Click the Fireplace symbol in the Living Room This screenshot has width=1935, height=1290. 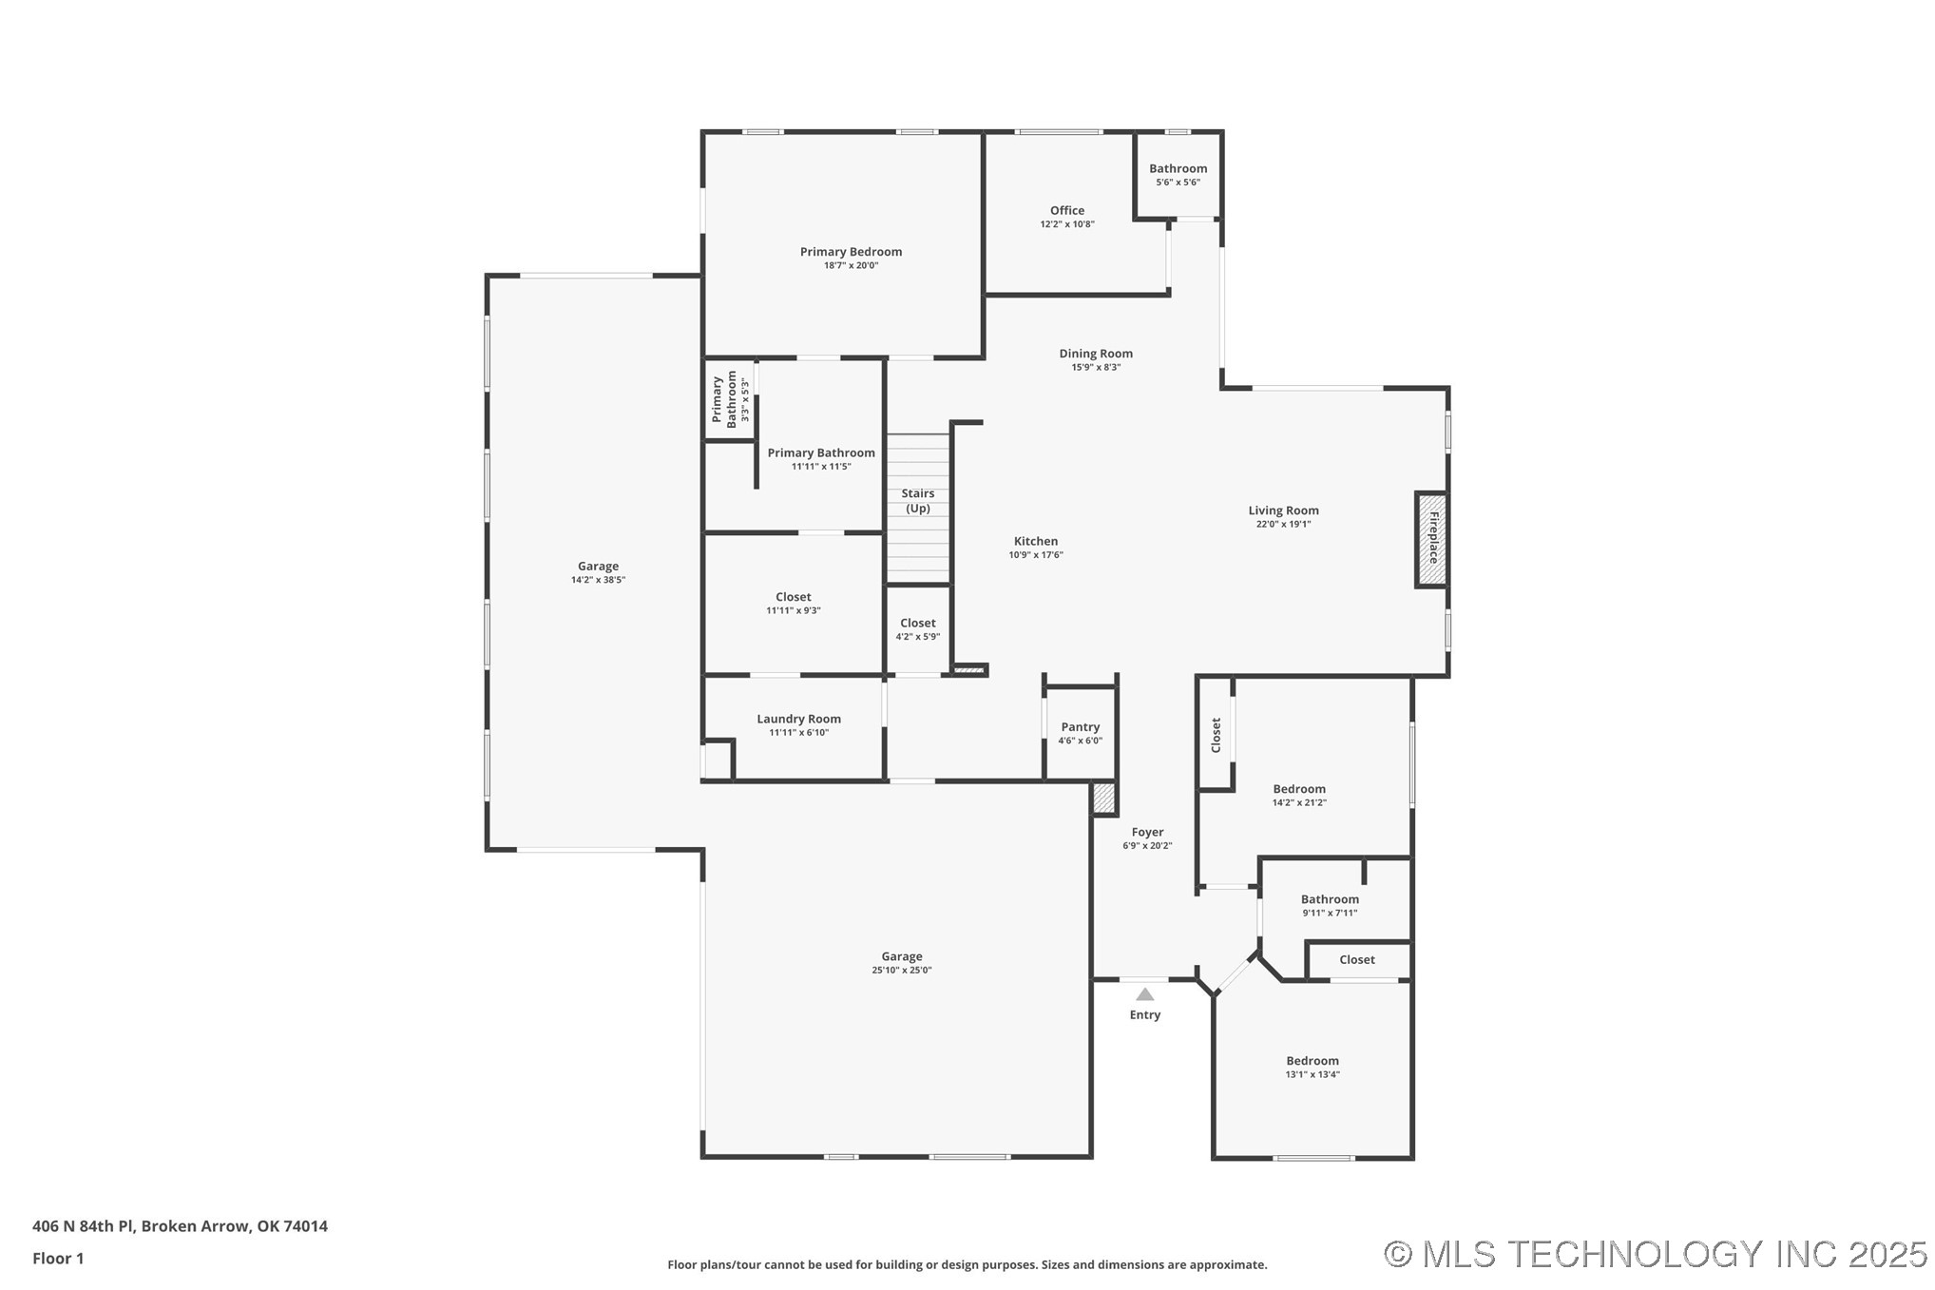pos(1432,539)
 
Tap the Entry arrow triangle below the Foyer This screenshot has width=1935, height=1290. pos(1145,994)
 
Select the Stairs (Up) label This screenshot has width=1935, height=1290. pos(918,501)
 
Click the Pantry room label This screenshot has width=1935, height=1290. pos(1081,727)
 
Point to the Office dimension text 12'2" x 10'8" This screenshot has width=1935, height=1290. pos(1067,224)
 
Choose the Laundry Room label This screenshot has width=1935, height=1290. pos(798,720)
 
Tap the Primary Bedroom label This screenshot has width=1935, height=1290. pos(851,252)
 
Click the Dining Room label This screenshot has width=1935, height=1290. pos(1096,354)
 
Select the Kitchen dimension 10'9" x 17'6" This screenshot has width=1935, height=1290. pos(1036,555)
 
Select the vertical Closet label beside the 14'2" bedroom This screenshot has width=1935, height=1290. pos(1216,735)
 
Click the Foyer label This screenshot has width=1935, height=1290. pos(1147,833)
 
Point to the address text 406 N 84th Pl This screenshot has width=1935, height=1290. pos(180,1226)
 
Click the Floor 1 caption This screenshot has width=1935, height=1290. pos(58,1259)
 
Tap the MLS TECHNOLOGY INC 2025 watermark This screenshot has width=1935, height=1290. pos(1655,1255)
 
